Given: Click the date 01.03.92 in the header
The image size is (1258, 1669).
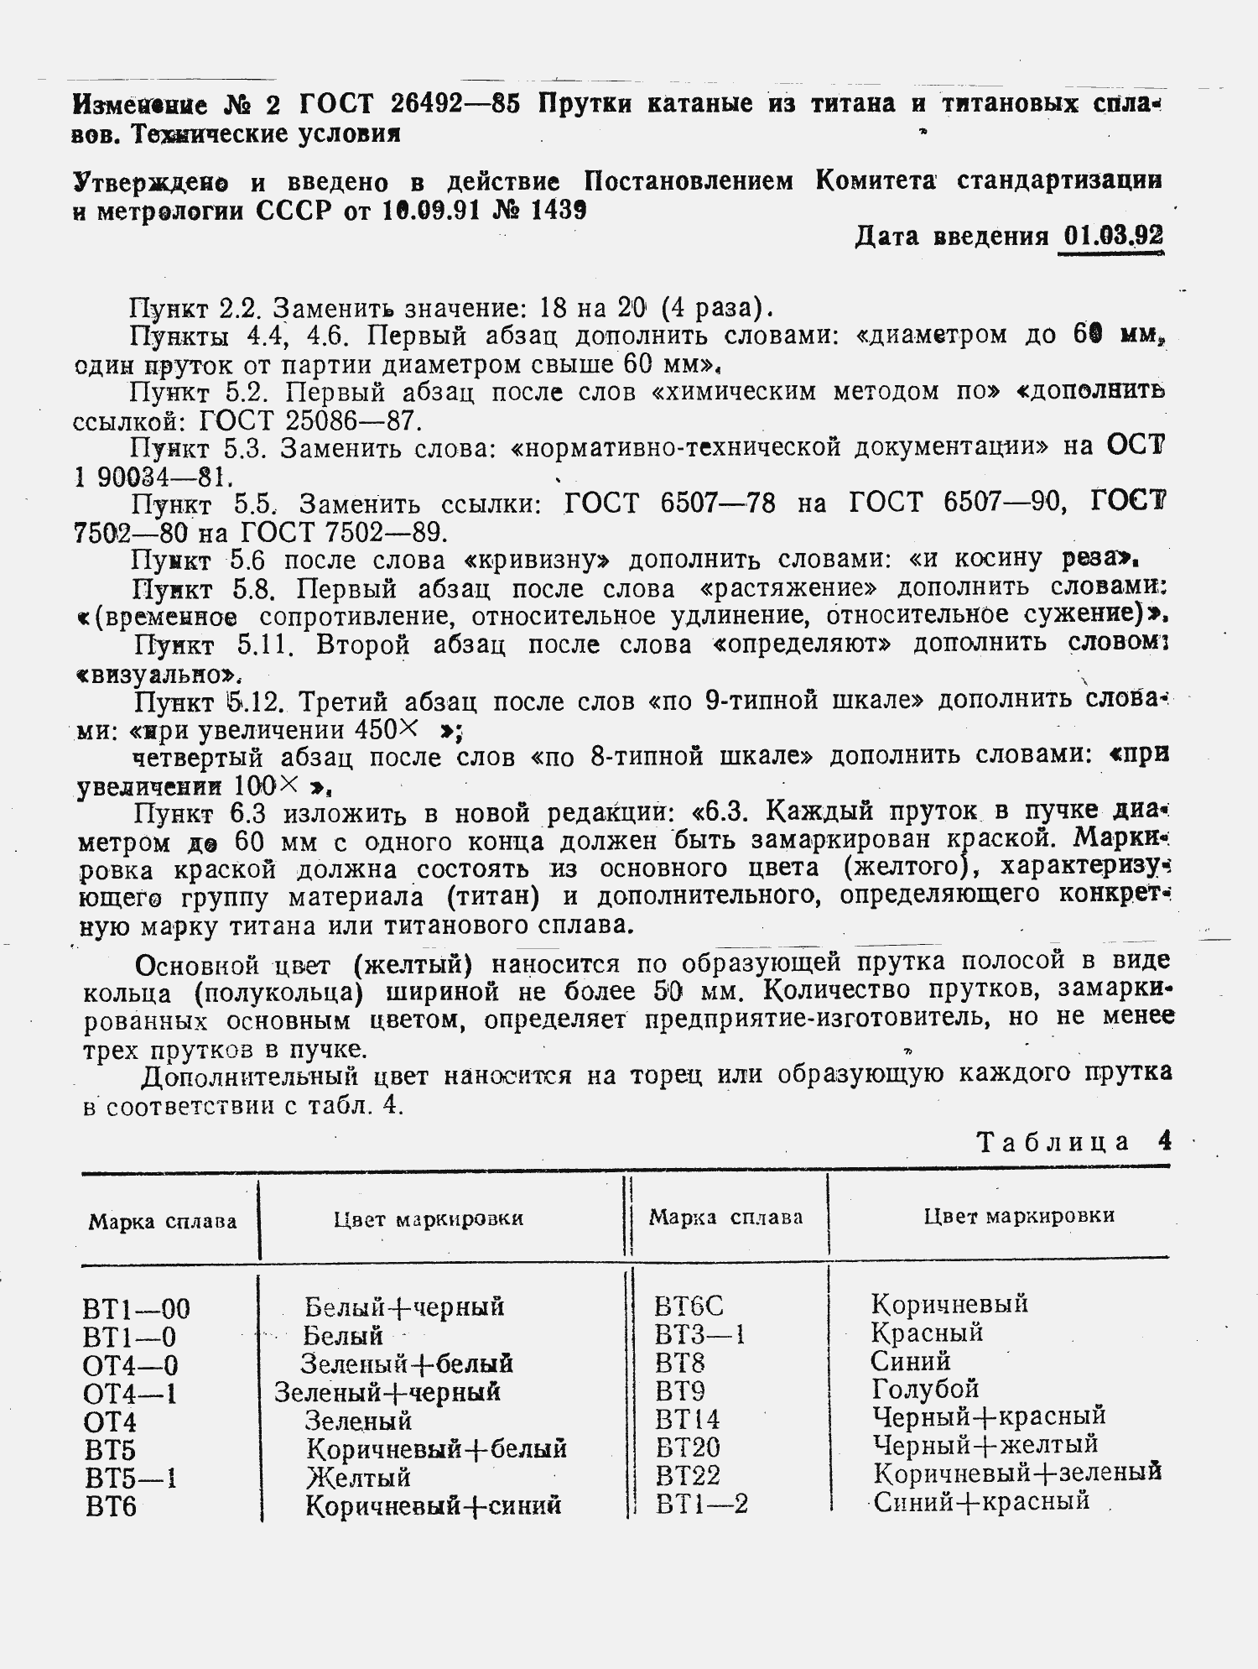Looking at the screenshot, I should [x=1112, y=237].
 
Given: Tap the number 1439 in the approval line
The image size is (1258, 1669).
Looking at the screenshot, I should [x=558, y=211].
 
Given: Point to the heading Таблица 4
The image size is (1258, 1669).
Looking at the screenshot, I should [x=1073, y=1142].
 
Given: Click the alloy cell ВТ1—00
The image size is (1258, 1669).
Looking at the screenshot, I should [x=137, y=1308].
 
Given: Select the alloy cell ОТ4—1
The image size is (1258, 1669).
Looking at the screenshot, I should [x=130, y=1394].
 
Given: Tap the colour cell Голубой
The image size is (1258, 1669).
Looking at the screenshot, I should [x=925, y=1389].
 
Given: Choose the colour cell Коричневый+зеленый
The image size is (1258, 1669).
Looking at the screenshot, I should [x=1016, y=1473].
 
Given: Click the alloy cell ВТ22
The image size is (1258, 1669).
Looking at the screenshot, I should [x=688, y=1475].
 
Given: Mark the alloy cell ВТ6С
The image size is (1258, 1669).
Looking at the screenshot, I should [x=689, y=1306].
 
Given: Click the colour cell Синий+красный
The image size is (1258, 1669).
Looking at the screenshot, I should [x=981, y=1501].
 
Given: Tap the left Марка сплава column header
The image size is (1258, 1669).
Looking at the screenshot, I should [x=163, y=1221].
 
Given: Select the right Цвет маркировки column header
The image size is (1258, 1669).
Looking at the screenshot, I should [x=1019, y=1216].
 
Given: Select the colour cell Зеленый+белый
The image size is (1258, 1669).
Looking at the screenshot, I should [x=407, y=1364].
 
